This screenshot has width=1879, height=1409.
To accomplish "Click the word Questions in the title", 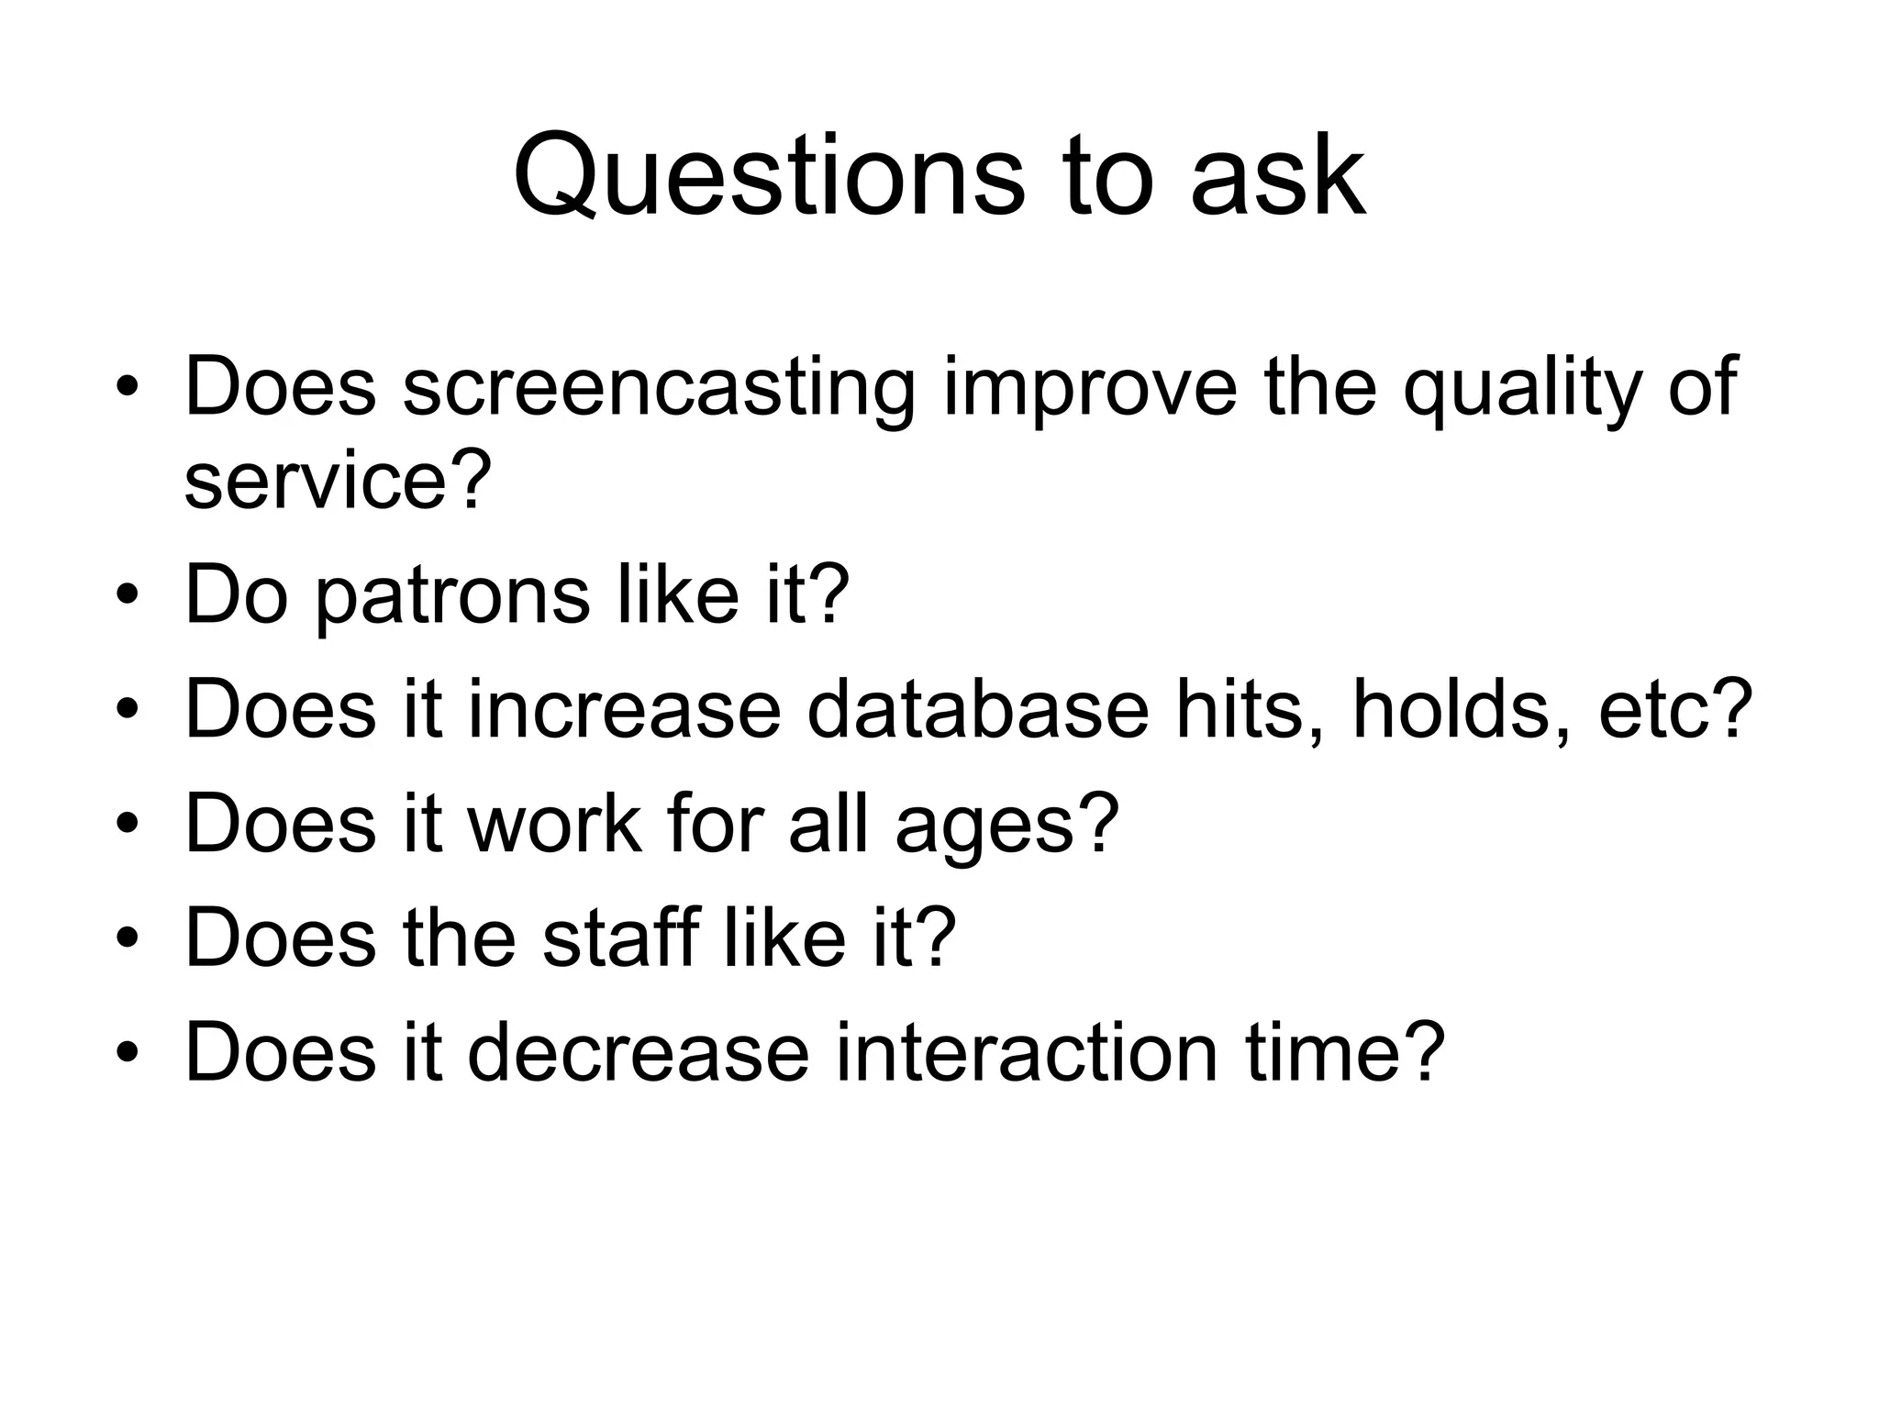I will [767, 175].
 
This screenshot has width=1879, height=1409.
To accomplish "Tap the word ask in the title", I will [1277, 175].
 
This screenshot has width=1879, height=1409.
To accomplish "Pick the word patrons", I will [453, 595].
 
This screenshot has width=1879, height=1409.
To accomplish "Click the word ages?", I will [1007, 823].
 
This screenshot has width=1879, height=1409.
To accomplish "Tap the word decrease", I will [639, 1051].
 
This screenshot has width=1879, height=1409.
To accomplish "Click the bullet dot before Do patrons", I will [128, 596].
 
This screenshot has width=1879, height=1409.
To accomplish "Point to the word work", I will [555, 823].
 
